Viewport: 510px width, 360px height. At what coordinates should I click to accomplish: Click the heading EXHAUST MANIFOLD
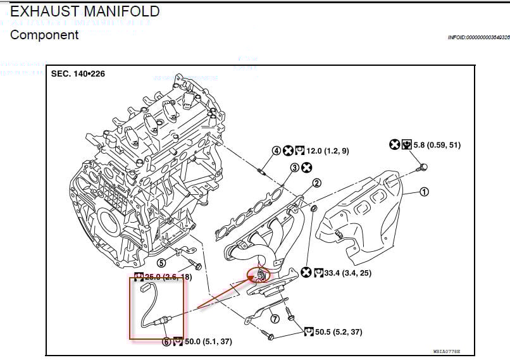[x=85, y=11]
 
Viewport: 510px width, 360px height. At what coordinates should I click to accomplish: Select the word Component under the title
[x=44, y=35]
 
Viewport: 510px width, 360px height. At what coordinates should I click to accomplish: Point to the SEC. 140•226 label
[x=78, y=73]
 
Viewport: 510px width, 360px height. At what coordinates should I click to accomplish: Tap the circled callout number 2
[x=317, y=183]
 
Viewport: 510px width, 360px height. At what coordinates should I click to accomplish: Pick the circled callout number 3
[x=295, y=168]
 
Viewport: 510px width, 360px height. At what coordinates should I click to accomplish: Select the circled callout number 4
[x=277, y=151]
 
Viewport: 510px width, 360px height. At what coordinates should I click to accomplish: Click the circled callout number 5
[x=161, y=263]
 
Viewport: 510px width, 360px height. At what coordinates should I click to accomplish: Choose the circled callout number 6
[x=166, y=342]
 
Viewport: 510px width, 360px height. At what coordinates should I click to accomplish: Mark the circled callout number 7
[x=275, y=318]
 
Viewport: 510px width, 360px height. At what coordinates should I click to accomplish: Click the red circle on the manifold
[x=259, y=275]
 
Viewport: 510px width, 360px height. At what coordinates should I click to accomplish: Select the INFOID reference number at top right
[x=478, y=38]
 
